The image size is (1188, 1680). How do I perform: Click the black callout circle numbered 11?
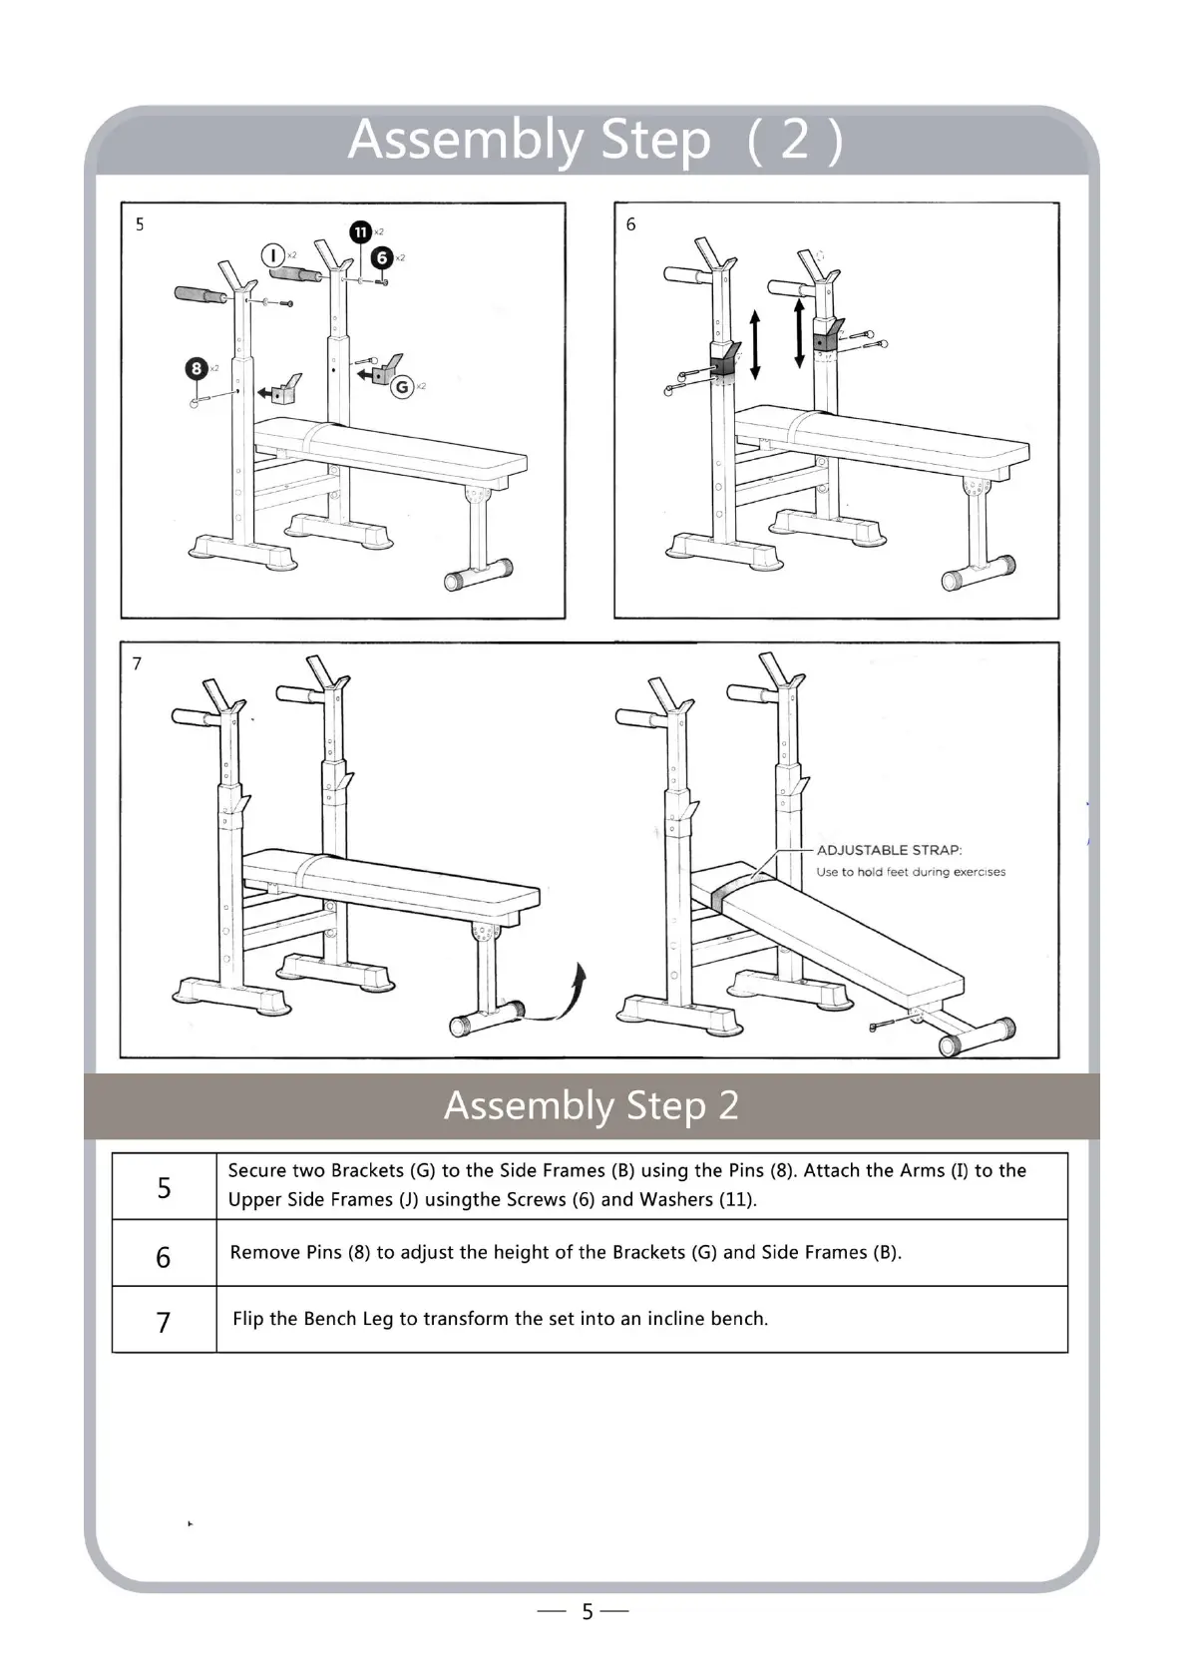[x=361, y=231]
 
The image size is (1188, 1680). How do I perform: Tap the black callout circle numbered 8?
[x=197, y=368]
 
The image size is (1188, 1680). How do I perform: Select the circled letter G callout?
[x=403, y=386]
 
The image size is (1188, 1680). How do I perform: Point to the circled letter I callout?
[x=273, y=255]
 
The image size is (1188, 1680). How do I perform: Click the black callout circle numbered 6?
[x=381, y=257]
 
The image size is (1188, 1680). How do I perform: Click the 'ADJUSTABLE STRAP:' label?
[x=889, y=850]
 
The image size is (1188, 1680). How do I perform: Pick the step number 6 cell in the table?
[x=164, y=1256]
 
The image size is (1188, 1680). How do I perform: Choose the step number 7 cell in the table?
[x=164, y=1322]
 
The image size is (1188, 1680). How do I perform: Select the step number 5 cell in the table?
[x=164, y=1187]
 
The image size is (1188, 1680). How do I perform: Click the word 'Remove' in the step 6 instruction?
[x=263, y=1252]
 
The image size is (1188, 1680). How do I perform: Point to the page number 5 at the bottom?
[x=588, y=1611]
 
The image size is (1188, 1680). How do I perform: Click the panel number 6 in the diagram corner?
[x=630, y=224]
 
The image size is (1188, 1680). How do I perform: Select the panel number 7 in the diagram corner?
[x=137, y=663]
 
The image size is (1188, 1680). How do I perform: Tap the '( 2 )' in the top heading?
[x=795, y=140]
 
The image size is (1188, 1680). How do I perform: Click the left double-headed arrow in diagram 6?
[x=755, y=345]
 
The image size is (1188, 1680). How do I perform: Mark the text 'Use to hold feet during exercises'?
[x=911, y=872]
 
